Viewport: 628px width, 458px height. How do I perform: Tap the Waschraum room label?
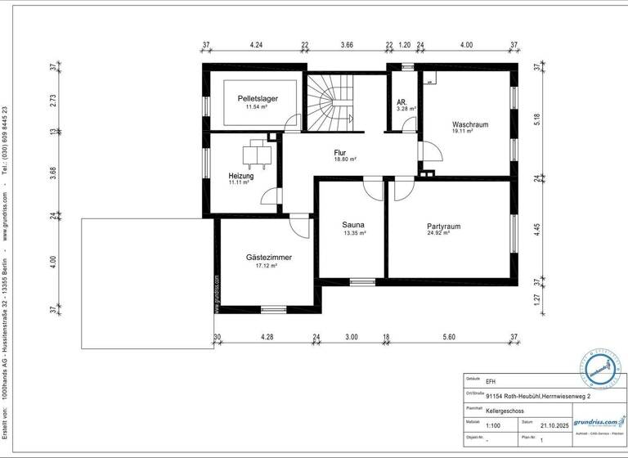(x=470, y=125)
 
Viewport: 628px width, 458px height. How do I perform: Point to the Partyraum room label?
(x=444, y=226)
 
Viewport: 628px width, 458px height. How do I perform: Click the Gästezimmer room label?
(x=268, y=257)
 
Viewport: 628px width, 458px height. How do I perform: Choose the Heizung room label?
(x=240, y=176)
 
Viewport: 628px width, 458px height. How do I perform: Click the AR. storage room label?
(x=402, y=101)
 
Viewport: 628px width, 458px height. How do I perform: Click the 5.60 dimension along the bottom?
(x=449, y=337)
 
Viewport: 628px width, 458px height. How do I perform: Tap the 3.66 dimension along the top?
(x=347, y=45)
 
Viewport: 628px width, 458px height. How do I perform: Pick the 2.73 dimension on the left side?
(x=53, y=101)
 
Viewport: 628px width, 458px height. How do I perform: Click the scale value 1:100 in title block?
(x=494, y=425)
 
